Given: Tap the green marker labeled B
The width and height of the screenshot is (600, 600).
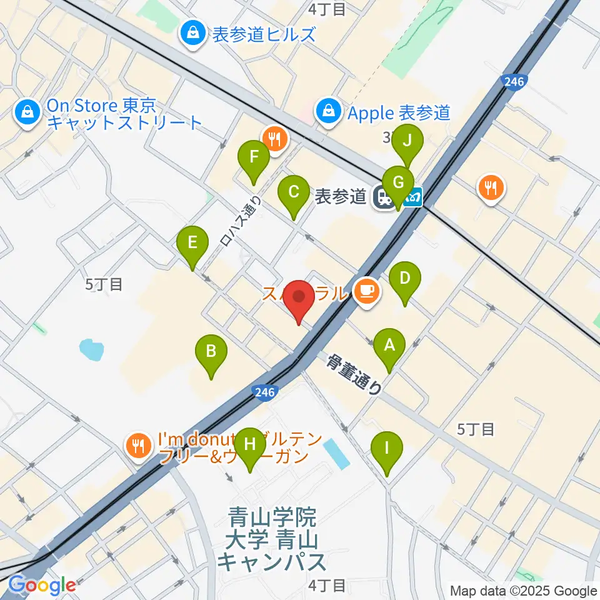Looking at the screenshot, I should point(211,352).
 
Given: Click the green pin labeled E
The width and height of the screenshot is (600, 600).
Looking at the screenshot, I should point(192,242).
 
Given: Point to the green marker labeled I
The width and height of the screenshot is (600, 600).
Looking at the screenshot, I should point(387,449).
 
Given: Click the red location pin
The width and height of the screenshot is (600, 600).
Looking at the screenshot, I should point(299,299).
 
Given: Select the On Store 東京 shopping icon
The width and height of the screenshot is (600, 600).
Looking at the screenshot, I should point(27,113).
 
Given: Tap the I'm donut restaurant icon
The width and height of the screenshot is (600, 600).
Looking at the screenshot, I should point(136,446).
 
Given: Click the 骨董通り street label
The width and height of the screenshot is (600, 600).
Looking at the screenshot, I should point(354,374).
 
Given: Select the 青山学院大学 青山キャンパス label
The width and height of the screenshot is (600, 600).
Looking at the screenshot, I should point(272,539).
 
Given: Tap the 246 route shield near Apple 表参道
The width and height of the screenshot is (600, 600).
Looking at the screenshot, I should point(514,81).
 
